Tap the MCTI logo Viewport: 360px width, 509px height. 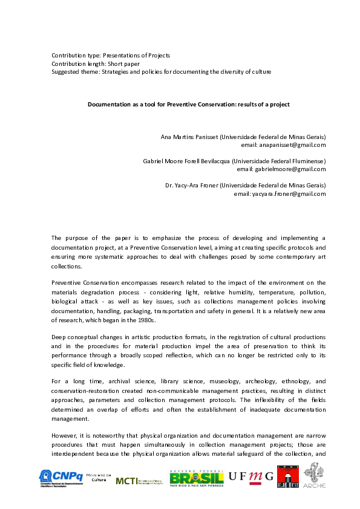click(139, 481)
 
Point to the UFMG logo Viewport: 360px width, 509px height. click(251, 478)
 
